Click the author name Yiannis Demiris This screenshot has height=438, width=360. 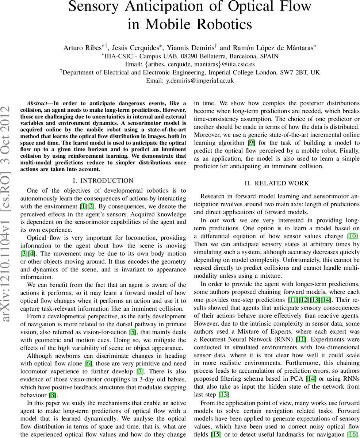click(192, 48)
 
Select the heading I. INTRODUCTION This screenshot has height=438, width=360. click(103, 181)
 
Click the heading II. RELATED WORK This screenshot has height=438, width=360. click(277, 183)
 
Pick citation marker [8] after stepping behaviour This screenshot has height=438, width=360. click(53, 395)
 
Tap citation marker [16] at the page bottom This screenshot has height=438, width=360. click(352, 435)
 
